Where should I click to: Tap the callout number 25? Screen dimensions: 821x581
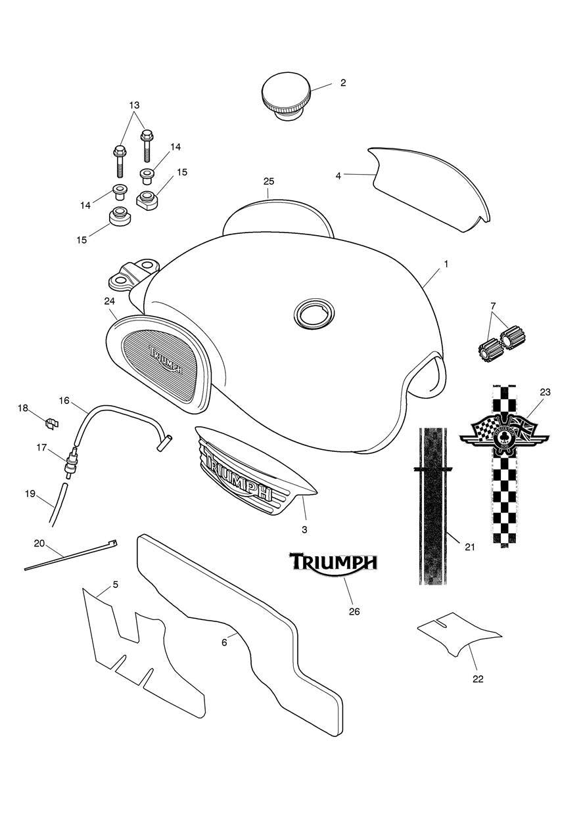coord(269,181)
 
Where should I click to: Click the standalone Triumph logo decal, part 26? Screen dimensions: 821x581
coord(333,563)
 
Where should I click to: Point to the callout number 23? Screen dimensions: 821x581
coord(545,392)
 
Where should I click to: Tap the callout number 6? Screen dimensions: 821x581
coord(224,642)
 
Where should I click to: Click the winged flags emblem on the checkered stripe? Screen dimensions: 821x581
coord(504,435)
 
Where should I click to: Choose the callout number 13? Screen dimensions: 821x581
coord(134,105)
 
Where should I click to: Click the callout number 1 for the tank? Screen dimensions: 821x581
coord(446,264)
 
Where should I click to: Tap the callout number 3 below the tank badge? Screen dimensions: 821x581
coord(304,529)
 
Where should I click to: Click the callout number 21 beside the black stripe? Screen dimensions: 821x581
coord(469,547)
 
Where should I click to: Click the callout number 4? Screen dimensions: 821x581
coord(338,175)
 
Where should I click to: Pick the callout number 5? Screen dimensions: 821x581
coord(116,584)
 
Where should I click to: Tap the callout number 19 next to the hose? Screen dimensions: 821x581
coord(30,494)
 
